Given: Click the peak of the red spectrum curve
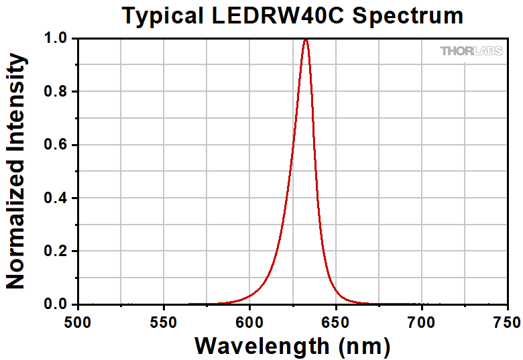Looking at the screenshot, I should click(x=306, y=40).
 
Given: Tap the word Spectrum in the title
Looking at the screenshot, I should click(x=408, y=15).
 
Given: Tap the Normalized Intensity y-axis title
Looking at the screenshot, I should click(x=16, y=172).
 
